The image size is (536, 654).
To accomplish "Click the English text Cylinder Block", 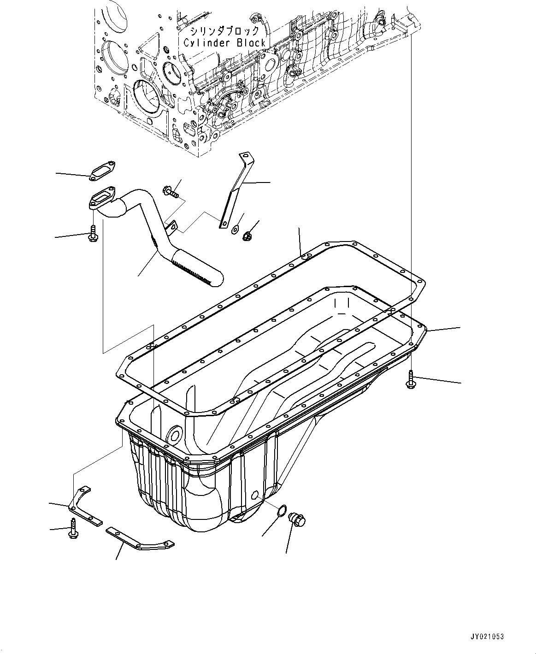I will pyautogui.click(x=224, y=43).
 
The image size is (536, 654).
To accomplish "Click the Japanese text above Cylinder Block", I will pyautogui.click(x=225, y=31).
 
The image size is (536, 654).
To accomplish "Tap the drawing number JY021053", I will pyautogui.click(x=488, y=636).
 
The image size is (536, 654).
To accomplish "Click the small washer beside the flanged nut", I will pyautogui.click(x=235, y=228).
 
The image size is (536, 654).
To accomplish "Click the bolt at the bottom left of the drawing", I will pyautogui.click(x=73, y=528).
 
